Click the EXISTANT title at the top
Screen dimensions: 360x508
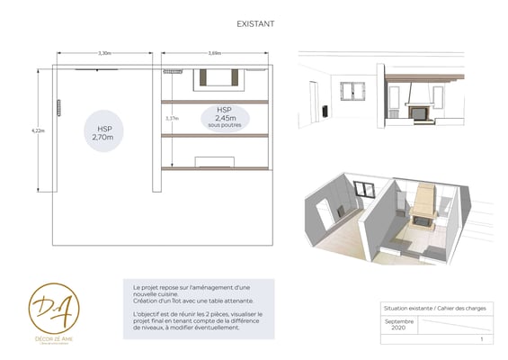tap(255, 26)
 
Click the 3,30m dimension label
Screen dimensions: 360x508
tap(105, 54)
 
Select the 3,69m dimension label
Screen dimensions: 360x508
tap(215, 54)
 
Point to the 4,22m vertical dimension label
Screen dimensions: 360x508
tap(38, 131)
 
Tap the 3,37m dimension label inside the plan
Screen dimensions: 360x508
tap(172, 118)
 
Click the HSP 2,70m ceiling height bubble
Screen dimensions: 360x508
tap(104, 133)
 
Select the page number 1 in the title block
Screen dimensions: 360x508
tap(482, 340)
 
